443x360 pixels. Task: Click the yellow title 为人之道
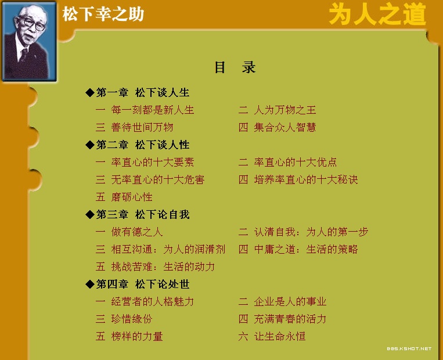pyautogui.click(x=377, y=14)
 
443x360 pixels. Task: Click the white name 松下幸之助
pyautogui.click(x=103, y=14)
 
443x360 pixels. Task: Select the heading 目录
pyautogui.click(x=235, y=67)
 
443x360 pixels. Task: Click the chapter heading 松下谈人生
pyautogui.click(x=162, y=92)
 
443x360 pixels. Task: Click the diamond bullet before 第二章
pyautogui.click(x=90, y=145)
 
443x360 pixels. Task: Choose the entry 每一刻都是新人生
pyautogui.click(x=153, y=110)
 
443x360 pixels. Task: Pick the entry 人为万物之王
pyautogui.click(x=284, y=110)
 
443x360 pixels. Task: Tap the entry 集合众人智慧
pyautogui.click(x=284, y=127)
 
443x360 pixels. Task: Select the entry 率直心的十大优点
pyautogui.click(x=296, y=162)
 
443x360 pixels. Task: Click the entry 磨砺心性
pyautogui.click(x=132, y=197)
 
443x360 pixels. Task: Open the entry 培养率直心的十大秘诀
pyautogui.click(x=306, y=180)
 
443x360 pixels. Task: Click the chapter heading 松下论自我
pyautogui.click(x=162, y=214)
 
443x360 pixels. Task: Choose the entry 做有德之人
pyautogui.click(x=137, y=232)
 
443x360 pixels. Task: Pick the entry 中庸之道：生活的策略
pyautogui.click(x=306, y=249)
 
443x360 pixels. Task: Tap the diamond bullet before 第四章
pyautogui.click(x=90, y=284)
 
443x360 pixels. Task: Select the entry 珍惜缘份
pyautogui.click(x=132, y=319)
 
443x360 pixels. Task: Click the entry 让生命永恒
pyautogui.click(x=280, y=336)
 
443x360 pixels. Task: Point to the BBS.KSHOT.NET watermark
pyautogui.click(x=409, y=349)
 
